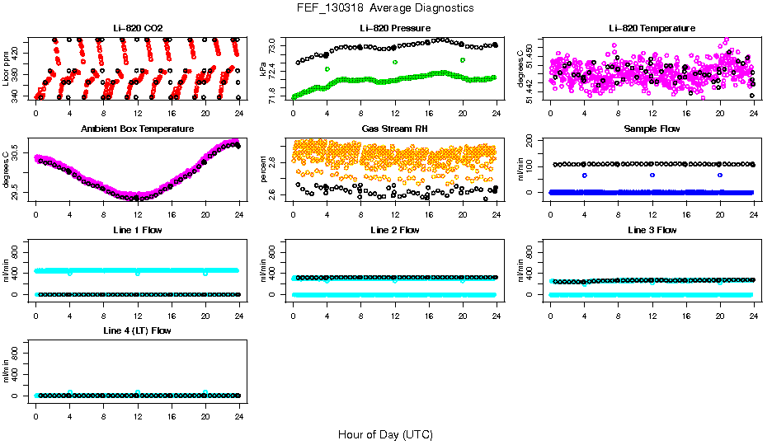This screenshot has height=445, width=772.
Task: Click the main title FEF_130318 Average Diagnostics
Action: click(385, 7)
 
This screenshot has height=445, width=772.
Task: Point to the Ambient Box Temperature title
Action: click(138, 129)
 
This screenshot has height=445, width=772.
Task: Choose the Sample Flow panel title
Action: click(652, 129)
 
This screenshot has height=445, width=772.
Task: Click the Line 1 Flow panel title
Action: click(138, 230)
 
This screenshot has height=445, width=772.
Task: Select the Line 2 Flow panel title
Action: click(395, 230)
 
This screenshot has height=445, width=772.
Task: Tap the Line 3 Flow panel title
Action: click(652, 230)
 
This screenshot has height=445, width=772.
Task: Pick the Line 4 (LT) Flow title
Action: click(138, 330)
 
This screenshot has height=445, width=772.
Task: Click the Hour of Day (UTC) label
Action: click(385, 434)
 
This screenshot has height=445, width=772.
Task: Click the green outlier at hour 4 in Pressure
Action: click(327, 69)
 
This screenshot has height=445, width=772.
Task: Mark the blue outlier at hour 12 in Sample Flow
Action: click(652, 175)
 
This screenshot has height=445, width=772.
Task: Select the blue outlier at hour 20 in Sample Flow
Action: click(720, 175)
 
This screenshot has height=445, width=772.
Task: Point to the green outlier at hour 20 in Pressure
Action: click(463, 60)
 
